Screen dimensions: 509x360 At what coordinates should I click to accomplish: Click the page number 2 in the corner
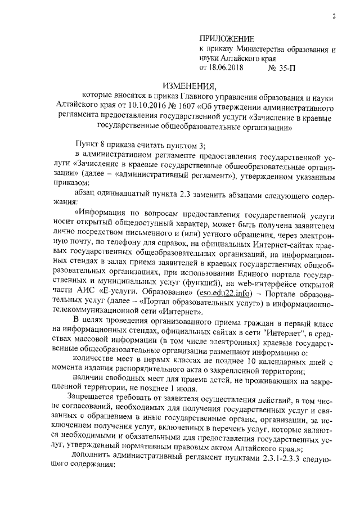[x=333, y=16]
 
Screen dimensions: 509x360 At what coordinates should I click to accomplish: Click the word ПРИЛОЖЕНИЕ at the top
[x=227, y=39]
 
